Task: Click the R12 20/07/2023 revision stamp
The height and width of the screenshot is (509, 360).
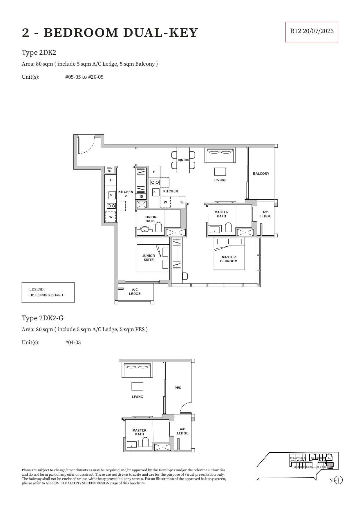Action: point(312,31)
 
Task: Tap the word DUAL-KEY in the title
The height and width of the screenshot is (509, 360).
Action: point(160,33)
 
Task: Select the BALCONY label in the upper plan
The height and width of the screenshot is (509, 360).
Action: point(261,174)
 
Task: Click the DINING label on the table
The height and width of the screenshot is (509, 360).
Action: point(183,160)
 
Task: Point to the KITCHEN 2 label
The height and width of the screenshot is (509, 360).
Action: point(126,194)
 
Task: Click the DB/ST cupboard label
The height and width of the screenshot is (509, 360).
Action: point(110,169)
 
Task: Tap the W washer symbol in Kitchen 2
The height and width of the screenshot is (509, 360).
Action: point(111,217)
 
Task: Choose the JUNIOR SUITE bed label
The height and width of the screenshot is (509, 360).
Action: point(149,258)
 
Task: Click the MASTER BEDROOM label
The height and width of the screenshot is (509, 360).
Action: point(229,259)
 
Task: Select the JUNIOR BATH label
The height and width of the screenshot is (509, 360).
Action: point(150,219)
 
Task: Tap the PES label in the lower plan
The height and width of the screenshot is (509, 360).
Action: point(178,388)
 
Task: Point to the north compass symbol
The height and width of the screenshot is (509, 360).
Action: point(338,480)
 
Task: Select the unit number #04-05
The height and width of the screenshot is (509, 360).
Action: point(73,342)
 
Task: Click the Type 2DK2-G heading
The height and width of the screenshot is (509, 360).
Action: point(43,318)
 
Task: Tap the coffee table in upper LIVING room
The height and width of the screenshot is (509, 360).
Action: point(220,172)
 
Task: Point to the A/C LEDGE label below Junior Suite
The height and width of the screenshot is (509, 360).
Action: point(135,292)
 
